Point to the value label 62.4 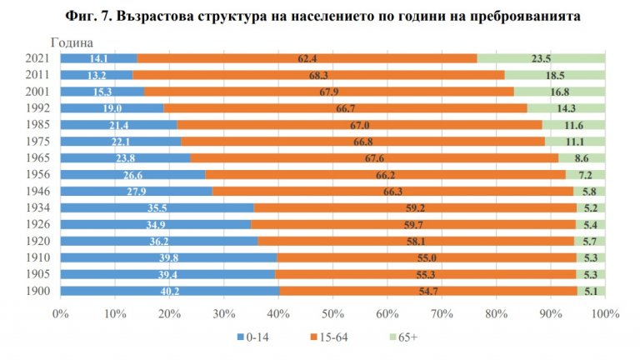(x=307, y=58)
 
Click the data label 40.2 (x=169, y=291)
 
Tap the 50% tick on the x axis (x=332, y=314)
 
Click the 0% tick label (x=60, y=314)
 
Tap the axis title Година (x=70, y=42)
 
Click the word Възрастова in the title (x=188, y=15)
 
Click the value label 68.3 (x=309, y=75)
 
